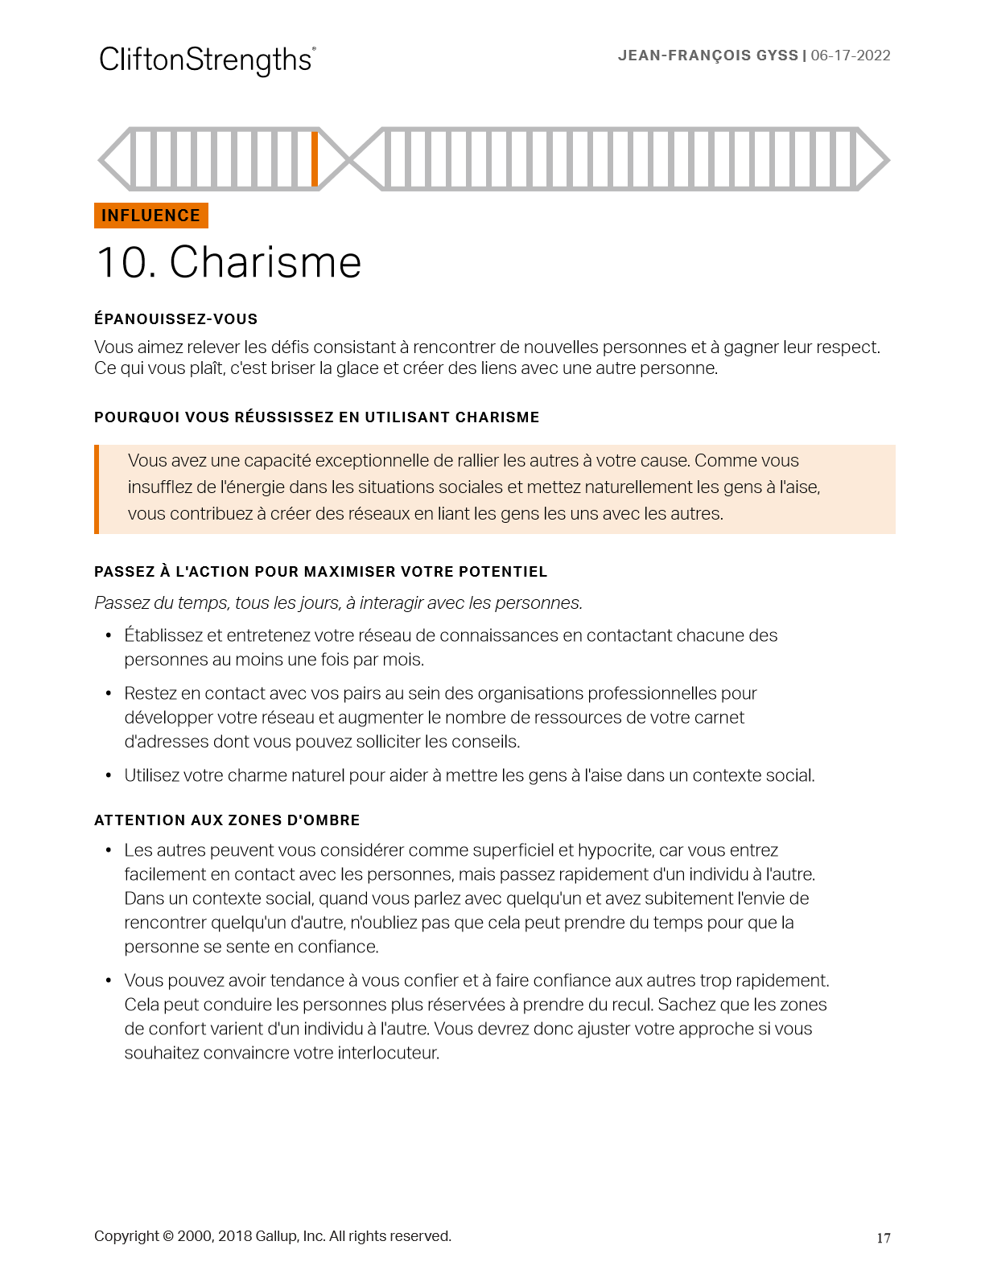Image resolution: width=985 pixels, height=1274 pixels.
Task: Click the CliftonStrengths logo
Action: [x=207, y=60]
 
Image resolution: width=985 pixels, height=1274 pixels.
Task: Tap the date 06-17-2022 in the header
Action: [x=851, y=55]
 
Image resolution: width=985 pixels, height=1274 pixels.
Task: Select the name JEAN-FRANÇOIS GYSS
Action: [x=707, y=55]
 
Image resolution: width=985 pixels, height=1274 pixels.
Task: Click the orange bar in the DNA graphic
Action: [x=315, y=158]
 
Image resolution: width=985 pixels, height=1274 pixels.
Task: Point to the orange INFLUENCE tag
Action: [x=151, y=216]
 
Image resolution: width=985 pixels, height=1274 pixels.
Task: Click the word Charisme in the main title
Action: [x=266, y=262]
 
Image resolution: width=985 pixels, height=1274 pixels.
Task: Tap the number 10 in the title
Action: [x=122, y=263]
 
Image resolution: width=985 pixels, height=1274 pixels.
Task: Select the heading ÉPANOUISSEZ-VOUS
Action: [x=175, y=319]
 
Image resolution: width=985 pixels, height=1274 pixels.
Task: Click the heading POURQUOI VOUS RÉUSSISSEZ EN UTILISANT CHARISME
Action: [x=316, y=417]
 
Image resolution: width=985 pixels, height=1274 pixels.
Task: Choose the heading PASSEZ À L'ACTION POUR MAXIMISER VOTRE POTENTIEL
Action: [x=320, y=572]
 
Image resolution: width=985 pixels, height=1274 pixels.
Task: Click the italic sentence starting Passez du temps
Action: [x=338, y=603]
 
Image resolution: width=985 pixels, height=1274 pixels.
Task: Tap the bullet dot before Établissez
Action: [x=109, y=636]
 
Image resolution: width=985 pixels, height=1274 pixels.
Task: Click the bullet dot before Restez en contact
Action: [x=109, y=694]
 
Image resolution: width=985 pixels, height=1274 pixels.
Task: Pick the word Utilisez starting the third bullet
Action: [x=151, y=775]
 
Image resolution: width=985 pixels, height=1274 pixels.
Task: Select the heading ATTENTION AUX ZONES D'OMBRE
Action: [x=227, y=820]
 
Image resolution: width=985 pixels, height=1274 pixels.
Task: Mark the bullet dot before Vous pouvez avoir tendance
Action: [x=109, y=981]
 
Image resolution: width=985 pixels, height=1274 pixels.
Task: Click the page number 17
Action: [x=884, y=1238]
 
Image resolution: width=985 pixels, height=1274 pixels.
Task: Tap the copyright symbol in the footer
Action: [x=168, y=1236]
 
